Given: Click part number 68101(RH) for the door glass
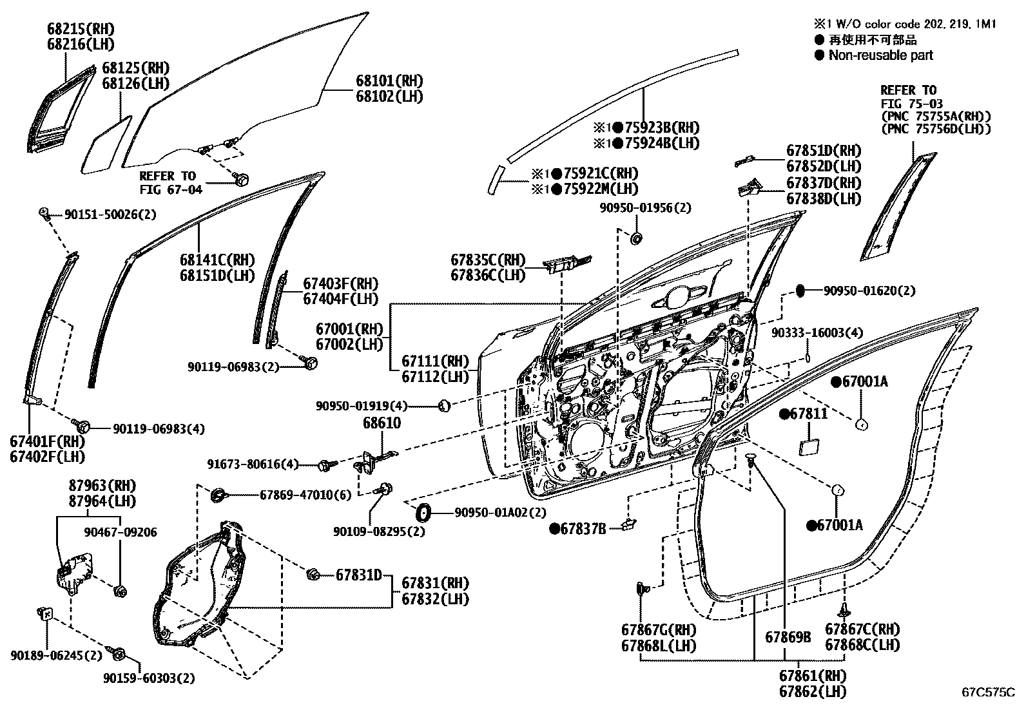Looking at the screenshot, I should (x=389, y=82).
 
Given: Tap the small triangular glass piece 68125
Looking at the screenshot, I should (x=106, y=146).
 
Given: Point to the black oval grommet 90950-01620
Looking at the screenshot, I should (x=801, y=291).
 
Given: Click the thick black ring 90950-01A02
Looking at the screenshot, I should (x=423, y=513).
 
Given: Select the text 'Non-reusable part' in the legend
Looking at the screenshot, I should (x=880, y=55).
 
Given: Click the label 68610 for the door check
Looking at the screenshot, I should (x=382, y=423).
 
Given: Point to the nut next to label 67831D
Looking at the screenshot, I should (x=314, y=574).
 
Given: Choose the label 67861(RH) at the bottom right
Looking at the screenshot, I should (x=812, y=676).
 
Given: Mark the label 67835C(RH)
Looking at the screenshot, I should (x=488, y=260).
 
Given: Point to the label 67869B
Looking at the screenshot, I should (x=788, y=638).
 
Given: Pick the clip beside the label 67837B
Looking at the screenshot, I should (x=628, y=526).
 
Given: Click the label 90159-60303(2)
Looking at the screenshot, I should (x=149, y=678).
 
